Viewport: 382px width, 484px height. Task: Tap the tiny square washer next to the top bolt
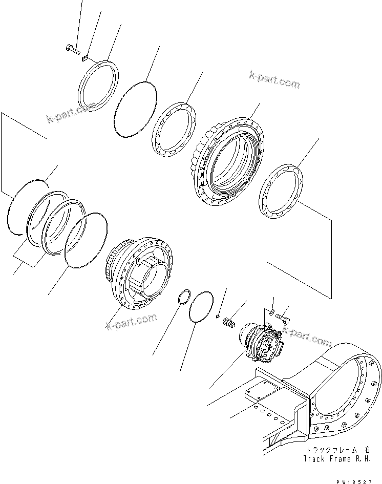pyautogui.click(x=86, y=58)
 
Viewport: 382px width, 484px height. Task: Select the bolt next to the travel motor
pyautogui.click(x=284, y=319)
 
